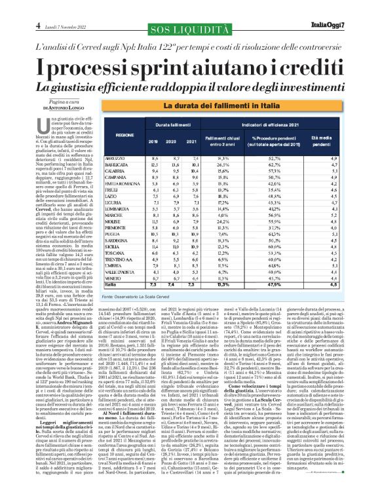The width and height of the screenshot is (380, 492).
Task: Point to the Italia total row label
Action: [x=113, y=285]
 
